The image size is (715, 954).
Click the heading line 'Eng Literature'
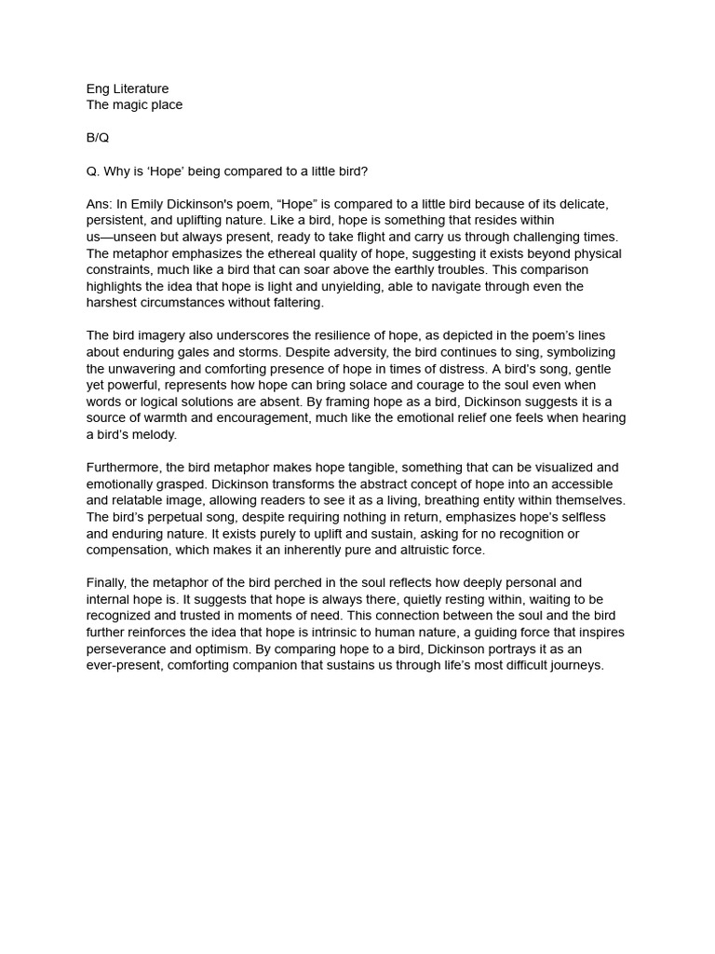pos(128,89)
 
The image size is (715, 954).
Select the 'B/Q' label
pos(98,138)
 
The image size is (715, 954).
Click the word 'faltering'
pos(292,303)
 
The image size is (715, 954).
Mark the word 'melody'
pos(151,435)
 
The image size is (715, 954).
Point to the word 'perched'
pos(314,583)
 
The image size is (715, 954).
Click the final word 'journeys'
pos(575,666)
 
